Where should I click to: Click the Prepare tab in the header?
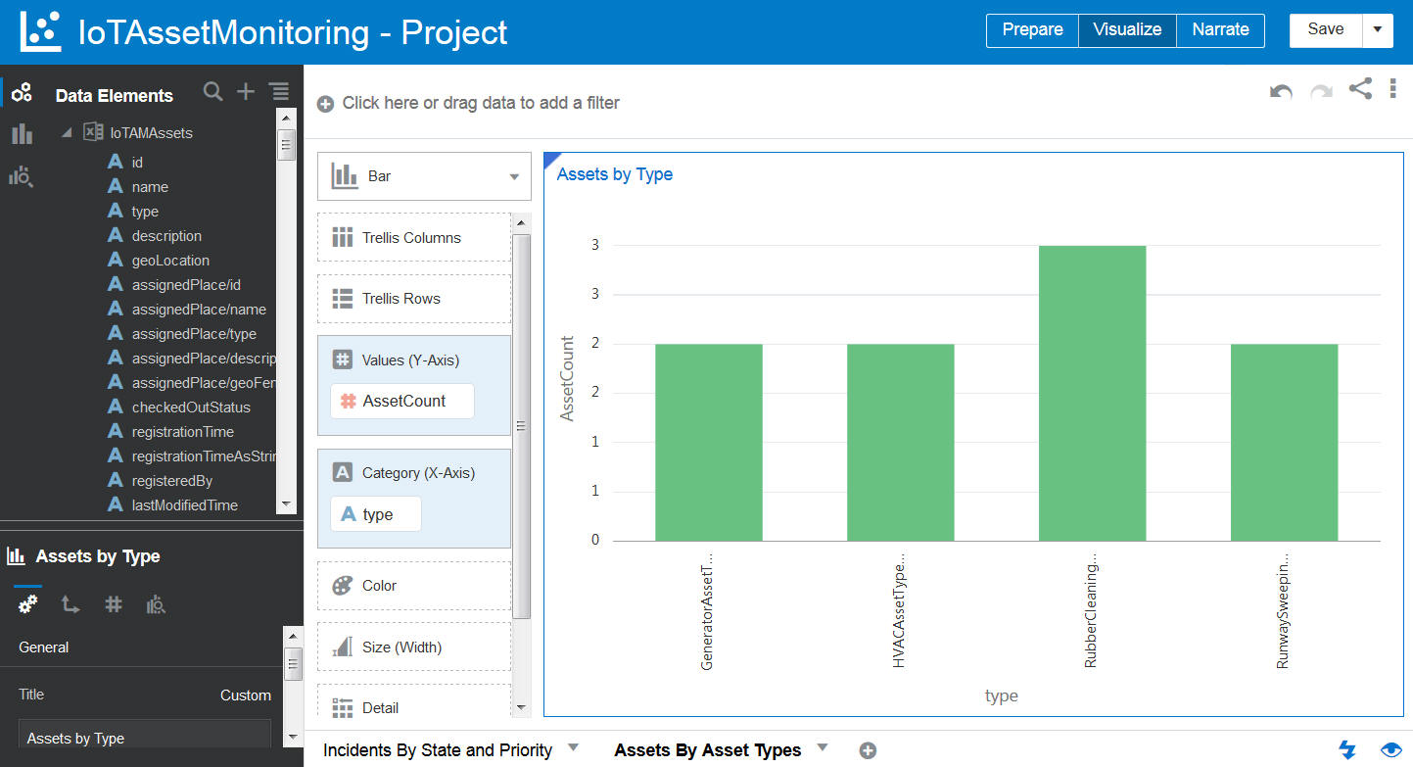coord(1032,29)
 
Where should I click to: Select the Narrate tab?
coord(1220,29)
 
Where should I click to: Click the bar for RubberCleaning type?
coord(1092,393)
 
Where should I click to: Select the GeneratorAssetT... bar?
coord(708,442)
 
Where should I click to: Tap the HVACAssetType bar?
coord(900,442)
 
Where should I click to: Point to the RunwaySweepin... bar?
coord(1284,442)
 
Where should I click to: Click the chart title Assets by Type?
coord(614,174)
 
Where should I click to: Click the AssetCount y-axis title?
coord(567,378)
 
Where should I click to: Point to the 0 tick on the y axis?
coord(594,540)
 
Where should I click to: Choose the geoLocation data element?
coord(170,261)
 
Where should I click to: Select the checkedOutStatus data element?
coord(191,407)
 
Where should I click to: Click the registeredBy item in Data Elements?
coord(171,481)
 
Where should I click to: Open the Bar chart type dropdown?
coord(424,176)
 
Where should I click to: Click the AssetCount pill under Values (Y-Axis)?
coord(402,401)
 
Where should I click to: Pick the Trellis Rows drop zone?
coord(413,299)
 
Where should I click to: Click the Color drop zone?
coord(413,586)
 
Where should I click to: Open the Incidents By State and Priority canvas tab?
coord(438,750)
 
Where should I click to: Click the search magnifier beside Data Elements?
coord(212,92)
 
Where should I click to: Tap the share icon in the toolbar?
coord(1360,89)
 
